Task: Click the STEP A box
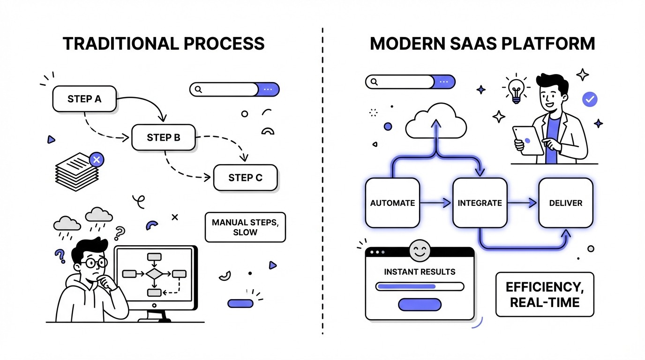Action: pyautogui.click(x=84, y=99)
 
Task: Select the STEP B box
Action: pyautogui.click(x=164, y=137)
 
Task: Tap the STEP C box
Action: pyautogui.click(x=245, y=178)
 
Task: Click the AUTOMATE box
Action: pyautogui.click(x=392, y=203)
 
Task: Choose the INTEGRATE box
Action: pyautogui.click(x=480, y=203)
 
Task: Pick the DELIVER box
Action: pyautogui.click(x=566, y=203)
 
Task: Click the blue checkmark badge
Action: pyautogui.click(x=589, y=99)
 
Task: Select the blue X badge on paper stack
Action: pyautogui.click(x=97, y=160)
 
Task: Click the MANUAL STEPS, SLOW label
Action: pyautogui.click(x=245, y=227)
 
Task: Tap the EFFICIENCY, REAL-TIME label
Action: pyautogui.click(x=545, y=294)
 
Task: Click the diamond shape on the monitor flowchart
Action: pyautogui.click(x=154, y=273)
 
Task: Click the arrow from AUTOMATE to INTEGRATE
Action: pyautogui.click(x=435, y=203)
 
